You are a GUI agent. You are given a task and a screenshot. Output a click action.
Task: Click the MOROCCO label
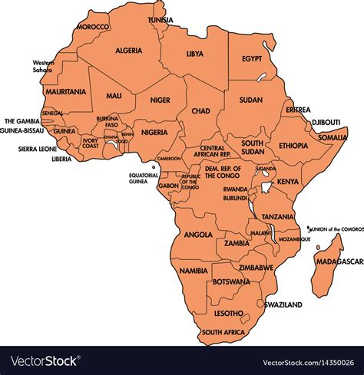93,26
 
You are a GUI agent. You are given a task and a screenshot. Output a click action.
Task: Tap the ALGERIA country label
129,51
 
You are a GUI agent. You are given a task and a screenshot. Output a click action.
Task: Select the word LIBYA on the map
194,54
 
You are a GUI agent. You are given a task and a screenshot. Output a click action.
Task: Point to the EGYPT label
252,58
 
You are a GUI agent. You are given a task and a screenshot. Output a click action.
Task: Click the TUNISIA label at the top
160,19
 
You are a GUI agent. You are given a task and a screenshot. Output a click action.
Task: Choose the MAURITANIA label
65,91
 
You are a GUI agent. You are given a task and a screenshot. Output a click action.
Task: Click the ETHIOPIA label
293,145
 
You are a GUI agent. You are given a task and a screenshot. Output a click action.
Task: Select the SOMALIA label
333,137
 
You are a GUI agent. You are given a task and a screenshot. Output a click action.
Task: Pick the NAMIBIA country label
193,271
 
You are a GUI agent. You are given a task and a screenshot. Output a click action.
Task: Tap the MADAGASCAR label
339,262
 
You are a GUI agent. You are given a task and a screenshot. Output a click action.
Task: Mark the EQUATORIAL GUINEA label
144,178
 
